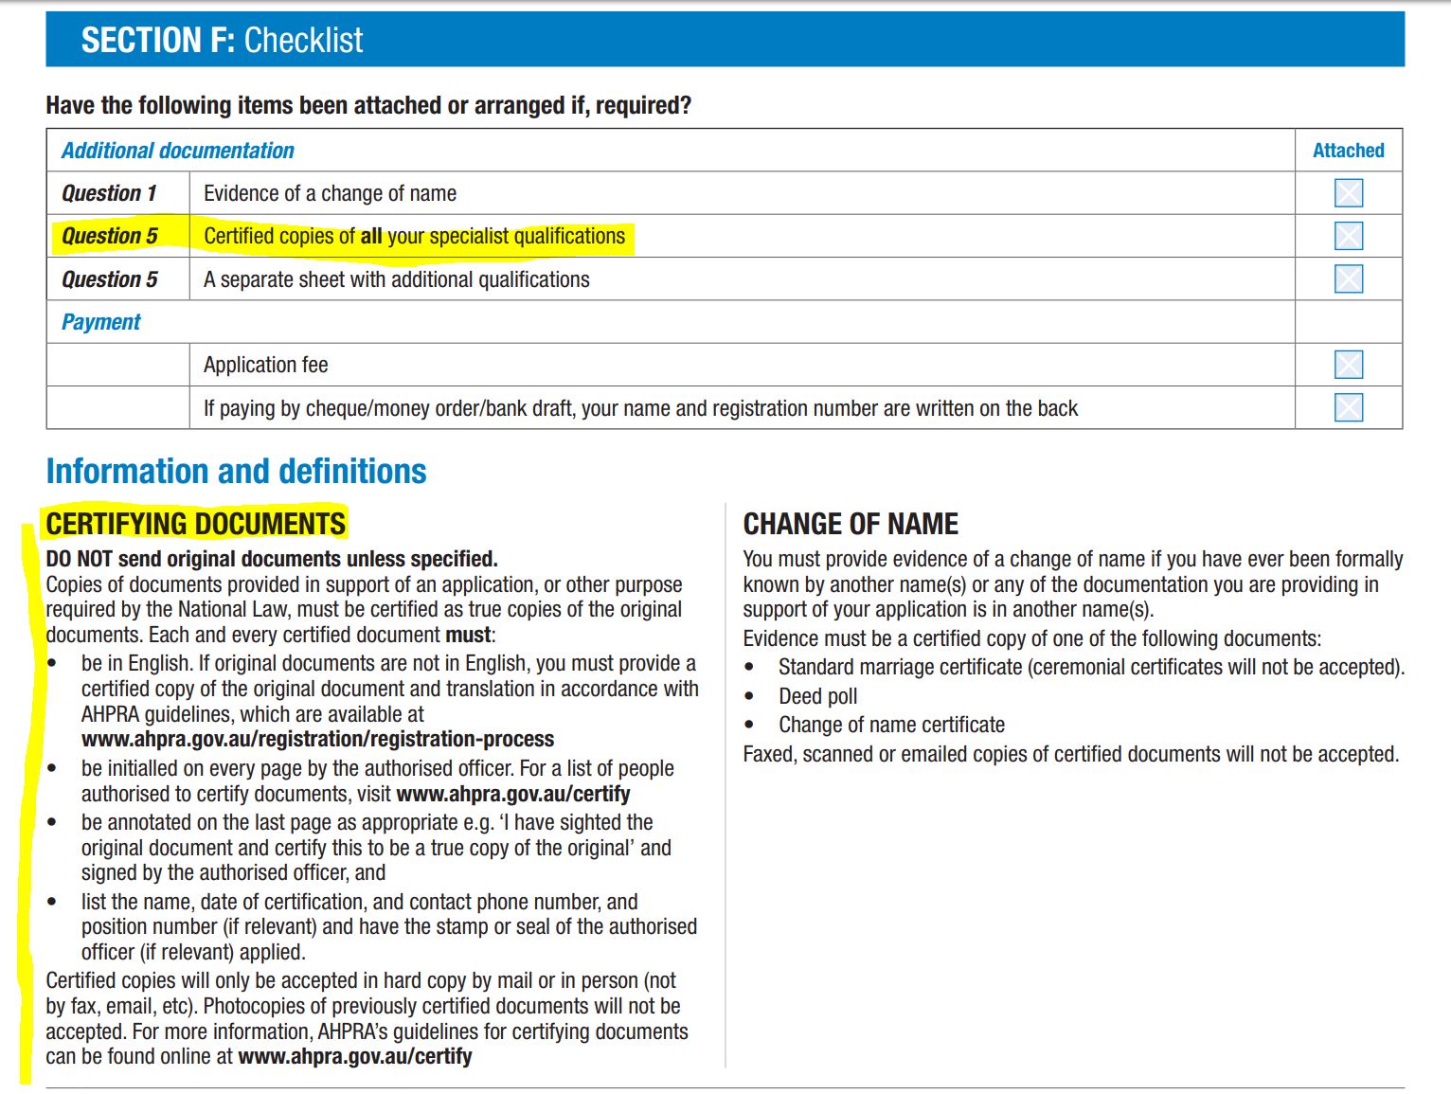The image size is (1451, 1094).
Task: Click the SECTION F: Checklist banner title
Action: click(x=222, y=41)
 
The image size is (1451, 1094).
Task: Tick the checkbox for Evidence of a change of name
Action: click(x=1348, y=193)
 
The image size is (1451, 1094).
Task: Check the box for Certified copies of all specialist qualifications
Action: click(x=1348, y=236)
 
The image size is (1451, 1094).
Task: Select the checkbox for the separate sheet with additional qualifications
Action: click(x=1348, y=278)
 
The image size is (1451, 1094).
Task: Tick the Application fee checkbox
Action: click(x=1348, y=365)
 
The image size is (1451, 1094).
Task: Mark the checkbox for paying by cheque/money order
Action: click(x=1348, y=407)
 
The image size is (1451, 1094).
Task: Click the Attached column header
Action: click(x=1348, y=151)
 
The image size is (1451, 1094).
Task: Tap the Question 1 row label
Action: click(x=109, y=193)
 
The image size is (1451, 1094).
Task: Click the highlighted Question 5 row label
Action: click(x=110, y=236)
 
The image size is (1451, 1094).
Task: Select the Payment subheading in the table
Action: click(x=100, y=322)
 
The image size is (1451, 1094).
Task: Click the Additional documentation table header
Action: click(x=178, y=151)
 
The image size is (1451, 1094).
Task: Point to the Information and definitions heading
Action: click(x=236, y=472)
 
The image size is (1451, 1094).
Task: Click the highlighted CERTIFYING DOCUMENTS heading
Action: click(x=196, y=524)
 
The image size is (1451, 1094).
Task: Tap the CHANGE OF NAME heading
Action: click(x=850, y=524)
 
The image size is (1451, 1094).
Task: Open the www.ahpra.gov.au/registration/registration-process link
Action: click(x=317, y=739)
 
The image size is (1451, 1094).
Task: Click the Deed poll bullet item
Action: click(x=817, y=696)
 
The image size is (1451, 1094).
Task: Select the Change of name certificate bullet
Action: click(x=890, y=725)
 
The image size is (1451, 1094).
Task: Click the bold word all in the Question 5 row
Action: click(x=370, y=236)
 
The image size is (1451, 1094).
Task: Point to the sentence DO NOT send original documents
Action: click(x=271, y=559)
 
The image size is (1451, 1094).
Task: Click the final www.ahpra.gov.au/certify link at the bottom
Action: click(x=354, y=1056)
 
